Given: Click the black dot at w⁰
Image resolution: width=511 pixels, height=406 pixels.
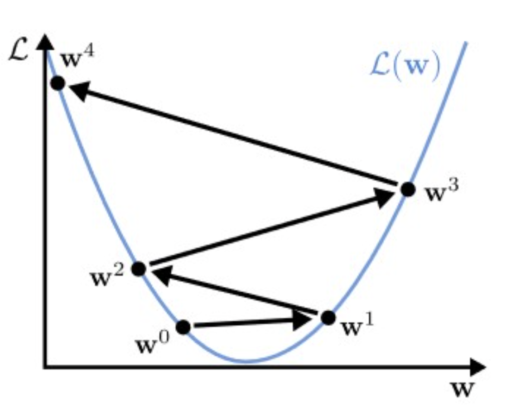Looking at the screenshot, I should pos(183,327).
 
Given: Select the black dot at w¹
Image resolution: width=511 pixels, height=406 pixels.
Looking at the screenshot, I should pos(328,318).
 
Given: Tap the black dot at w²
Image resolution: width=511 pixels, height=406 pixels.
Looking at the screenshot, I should pos(139,269).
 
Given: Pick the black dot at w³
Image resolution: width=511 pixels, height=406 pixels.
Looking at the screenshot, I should pos(408,189).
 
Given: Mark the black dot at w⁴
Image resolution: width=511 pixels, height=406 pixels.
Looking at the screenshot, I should pos(58,83).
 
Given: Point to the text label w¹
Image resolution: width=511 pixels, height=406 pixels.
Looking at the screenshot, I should pos(358,325).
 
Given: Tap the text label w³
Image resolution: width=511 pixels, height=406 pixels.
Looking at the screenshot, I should pos(442,193).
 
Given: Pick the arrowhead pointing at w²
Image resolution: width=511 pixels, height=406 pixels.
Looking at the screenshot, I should pos(159,275).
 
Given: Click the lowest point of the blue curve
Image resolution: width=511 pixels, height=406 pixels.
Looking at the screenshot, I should pos(247,362).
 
